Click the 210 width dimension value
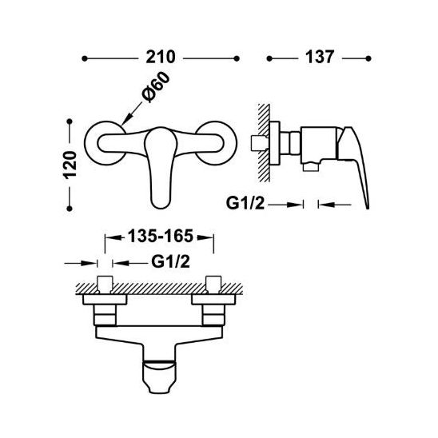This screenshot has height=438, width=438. pos(161,58)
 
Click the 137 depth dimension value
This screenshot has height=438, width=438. pos(320,58)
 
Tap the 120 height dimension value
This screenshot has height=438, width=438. pos(70,165)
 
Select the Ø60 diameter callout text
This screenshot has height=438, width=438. pos(156,86)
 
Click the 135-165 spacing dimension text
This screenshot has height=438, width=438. pos(161,236)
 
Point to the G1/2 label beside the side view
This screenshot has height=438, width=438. pos(245,203)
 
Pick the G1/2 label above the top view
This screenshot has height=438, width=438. pos(171,261)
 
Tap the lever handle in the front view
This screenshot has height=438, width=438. pos(161,168)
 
